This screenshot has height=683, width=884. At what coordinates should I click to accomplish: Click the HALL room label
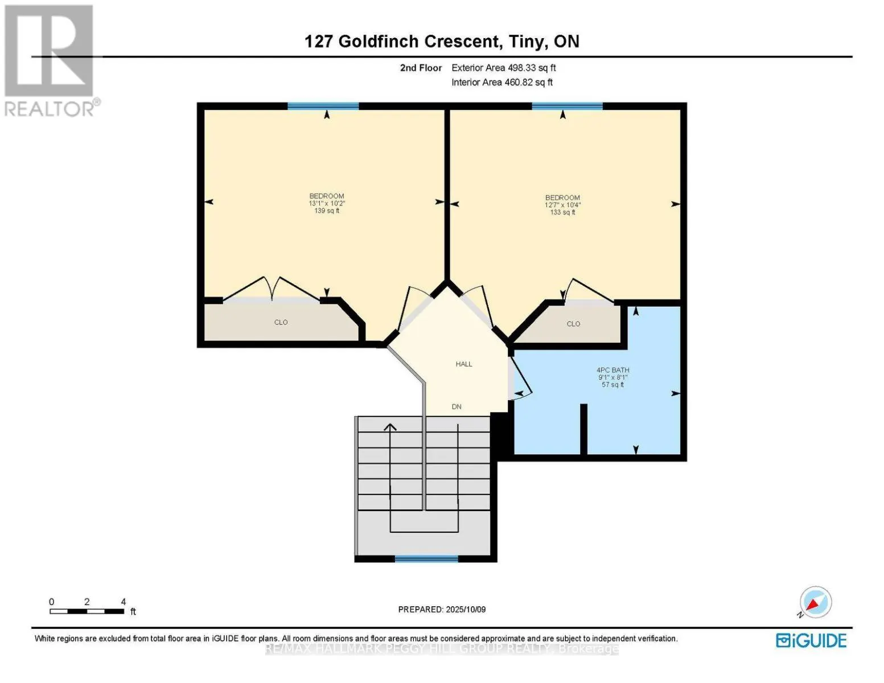[x=463, y=364]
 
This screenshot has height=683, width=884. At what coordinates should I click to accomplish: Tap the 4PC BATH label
[x=612, y=370]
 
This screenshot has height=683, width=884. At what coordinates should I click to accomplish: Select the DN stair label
[x=457, y=406]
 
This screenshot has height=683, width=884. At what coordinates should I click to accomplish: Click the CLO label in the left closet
[x=281, y=322]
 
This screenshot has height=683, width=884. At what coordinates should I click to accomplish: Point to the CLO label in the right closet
[x=573, y=324]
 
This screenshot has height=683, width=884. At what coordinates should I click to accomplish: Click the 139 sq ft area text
[x=327, y=211]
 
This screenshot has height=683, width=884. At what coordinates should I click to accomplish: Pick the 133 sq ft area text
[x=562, y=212]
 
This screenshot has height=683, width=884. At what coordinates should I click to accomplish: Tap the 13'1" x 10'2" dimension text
[x=327, y=203]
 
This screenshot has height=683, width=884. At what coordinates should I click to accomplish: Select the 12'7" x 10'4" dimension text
[x=562, y=205]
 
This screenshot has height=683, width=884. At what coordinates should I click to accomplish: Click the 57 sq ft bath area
[x=612, y=385]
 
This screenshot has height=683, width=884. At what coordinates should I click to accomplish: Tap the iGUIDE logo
[x=811, y=640]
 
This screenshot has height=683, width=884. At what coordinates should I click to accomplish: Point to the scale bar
[x=87, y=611]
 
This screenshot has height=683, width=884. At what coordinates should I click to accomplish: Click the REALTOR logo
[x=50, y=60]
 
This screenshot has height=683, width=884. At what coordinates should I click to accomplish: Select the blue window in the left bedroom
[x=323, y=106]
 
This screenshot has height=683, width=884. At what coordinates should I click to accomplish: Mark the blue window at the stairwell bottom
[x=426, y=559]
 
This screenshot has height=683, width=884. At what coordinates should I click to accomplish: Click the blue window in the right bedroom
[x=567, y=106]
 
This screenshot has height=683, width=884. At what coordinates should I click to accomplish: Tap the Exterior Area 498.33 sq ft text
[x=503, y=68]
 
